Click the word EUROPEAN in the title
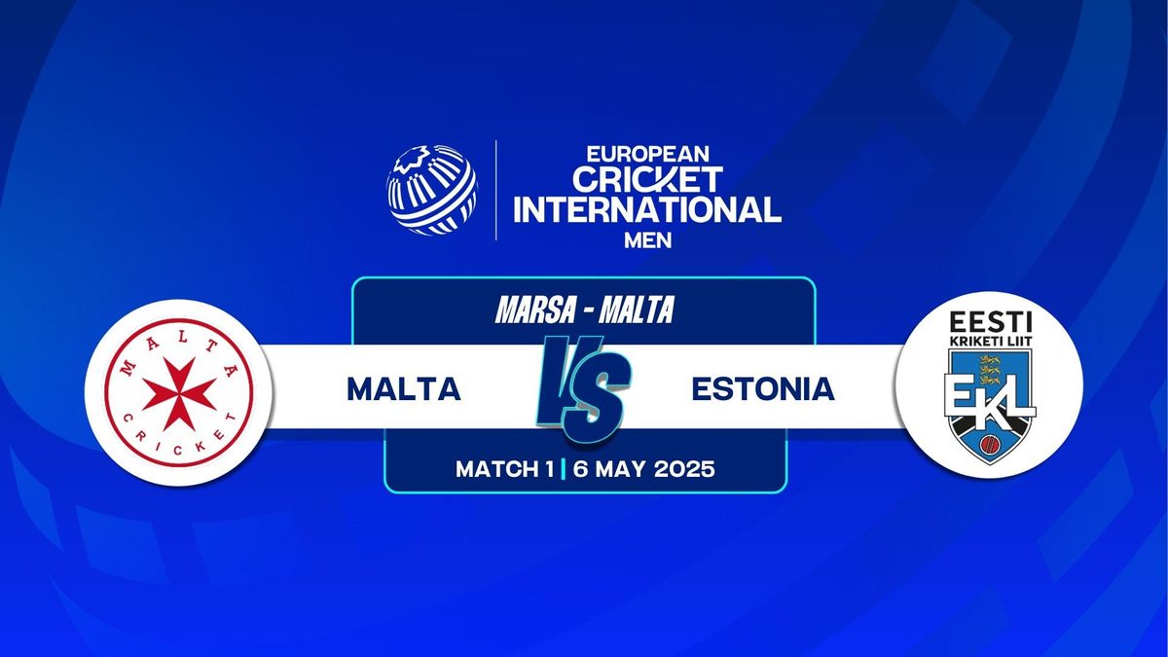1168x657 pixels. pyautogui.click(x=647, y=154)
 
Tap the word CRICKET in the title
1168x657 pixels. pyautogui.click(x=647, y=180)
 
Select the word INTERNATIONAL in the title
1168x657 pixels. pyautogui.click(x=647, y=209)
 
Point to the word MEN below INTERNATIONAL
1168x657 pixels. pyautogui.click(x=647, y=240)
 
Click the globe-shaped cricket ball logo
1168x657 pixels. pyautogui.click(x=431, y=190)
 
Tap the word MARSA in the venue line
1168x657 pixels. pyautogui.click(x=532, y=310)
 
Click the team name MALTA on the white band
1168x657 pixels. pyautogui.click(x=404, y=389)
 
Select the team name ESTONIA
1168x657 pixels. pyautogui.click(x=763, y=389)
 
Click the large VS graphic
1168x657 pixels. pyautogui.click(x=584, y=389)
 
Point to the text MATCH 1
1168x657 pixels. pyautogui.click(x=505, y=469)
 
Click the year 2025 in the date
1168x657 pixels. pyautogui.click(x=684, y=469)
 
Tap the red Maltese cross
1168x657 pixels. pyautogui.click(x=179, y=393)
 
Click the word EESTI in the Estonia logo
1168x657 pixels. pyautogui.click(x=990, y=322)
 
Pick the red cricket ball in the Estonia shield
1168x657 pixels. pyautogui.click(x=989, y=444)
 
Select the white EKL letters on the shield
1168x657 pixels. pyautogui.click(x=989, y=398)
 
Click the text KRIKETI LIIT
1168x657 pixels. pyautogui.click(x=990, y=341)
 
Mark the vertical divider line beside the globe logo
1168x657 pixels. pyautogui.click(x=495, y=190)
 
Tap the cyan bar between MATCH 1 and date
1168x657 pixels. pyautogui.click(x=564, y=469)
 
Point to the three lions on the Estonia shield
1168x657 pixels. pyautogui.click(x=989, y=369)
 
